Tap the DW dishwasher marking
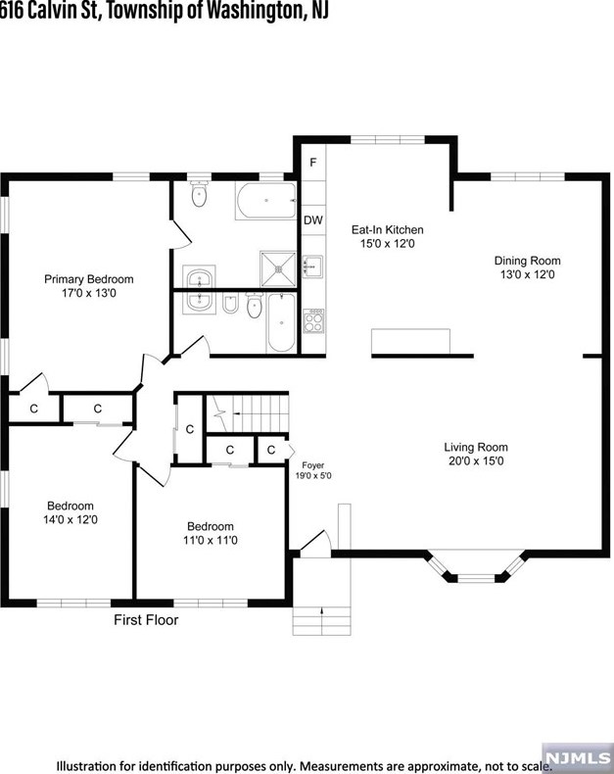coord(313,220)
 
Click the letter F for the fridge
coord(313,163)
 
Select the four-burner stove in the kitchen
coord(313,320)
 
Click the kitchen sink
coord(312,266)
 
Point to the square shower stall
coord(278,269)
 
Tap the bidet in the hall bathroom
coord(230,304)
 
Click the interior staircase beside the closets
coord(247,413)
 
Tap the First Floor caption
coord(146,620)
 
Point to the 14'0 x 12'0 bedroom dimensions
coord(71,520)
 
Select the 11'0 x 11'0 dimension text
coord(211,541)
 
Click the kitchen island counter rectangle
coord(410,342)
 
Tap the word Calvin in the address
coord(48,11)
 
